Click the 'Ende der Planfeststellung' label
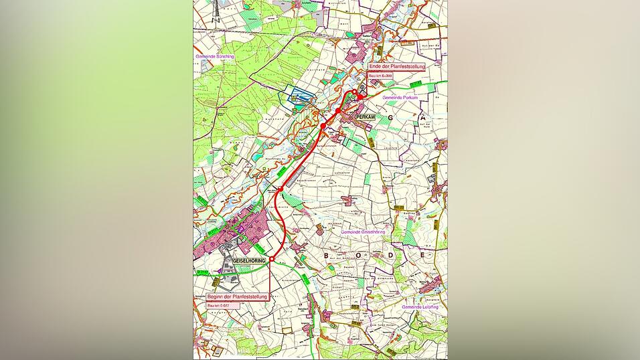tap(397, 67)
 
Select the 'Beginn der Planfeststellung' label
tap(238, 295)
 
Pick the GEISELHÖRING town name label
tap(249, 260)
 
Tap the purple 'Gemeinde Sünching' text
tap(214, 57)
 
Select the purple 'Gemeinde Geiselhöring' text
tap(362, 232)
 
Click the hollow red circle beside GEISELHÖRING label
tap(271, 259)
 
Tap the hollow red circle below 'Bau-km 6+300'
tap(355, 92)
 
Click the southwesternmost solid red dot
tap(323, 126)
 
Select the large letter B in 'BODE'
tap(328, 256)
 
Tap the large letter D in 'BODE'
tap(390, 256)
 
